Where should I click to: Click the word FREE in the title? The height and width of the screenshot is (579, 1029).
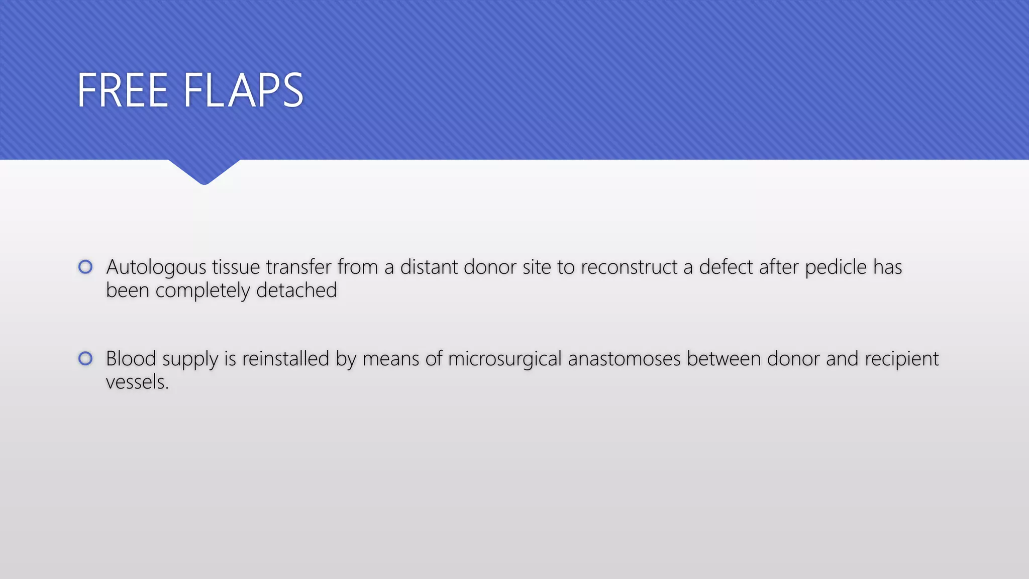[123, 90]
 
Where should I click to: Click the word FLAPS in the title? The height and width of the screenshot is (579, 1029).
[243, 90]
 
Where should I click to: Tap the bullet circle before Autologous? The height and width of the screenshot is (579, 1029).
[85, 267]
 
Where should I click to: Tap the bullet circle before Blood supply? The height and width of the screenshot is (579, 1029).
[85, 358]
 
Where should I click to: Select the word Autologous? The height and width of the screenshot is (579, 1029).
[156, 267]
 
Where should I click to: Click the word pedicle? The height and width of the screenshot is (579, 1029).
[836, 267]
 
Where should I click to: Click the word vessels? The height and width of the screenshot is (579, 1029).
[137, 382]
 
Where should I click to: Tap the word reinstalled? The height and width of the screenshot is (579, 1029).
[285, 359]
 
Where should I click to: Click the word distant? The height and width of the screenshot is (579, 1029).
[429, 267]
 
